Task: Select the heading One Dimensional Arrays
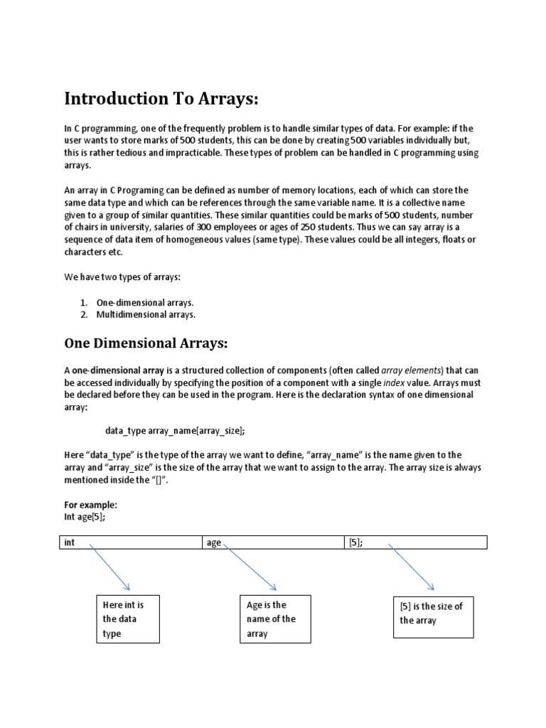click(146, 343)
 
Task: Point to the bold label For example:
click(90, 505)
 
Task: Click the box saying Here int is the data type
click(128, 619)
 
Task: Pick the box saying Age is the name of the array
click(274, 619)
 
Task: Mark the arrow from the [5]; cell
click(412, 567)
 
